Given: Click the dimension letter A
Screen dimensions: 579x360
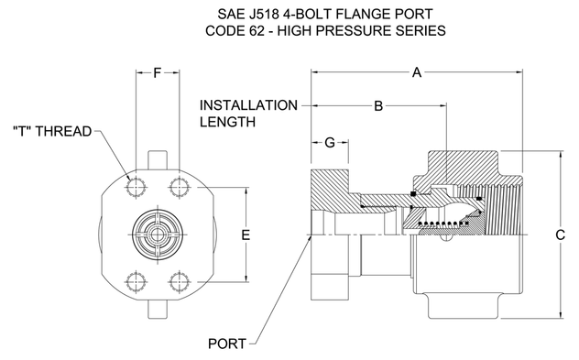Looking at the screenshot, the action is (417, 72).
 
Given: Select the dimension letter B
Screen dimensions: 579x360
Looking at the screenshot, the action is (378, 106).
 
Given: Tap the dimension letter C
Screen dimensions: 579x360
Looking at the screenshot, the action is (560, 235).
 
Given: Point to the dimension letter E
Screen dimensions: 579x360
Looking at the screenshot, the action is (246, 235).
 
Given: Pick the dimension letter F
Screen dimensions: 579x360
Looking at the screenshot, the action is (158, 72).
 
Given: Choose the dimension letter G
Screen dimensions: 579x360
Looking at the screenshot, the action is (330, 142).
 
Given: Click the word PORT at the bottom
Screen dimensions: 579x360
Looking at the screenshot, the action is (226, 344).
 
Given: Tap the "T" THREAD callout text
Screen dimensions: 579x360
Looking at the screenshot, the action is (52, 131).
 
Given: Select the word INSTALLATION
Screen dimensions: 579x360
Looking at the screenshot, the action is (248, 105).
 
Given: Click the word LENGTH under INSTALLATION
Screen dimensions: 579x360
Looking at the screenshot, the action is (227, 122).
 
